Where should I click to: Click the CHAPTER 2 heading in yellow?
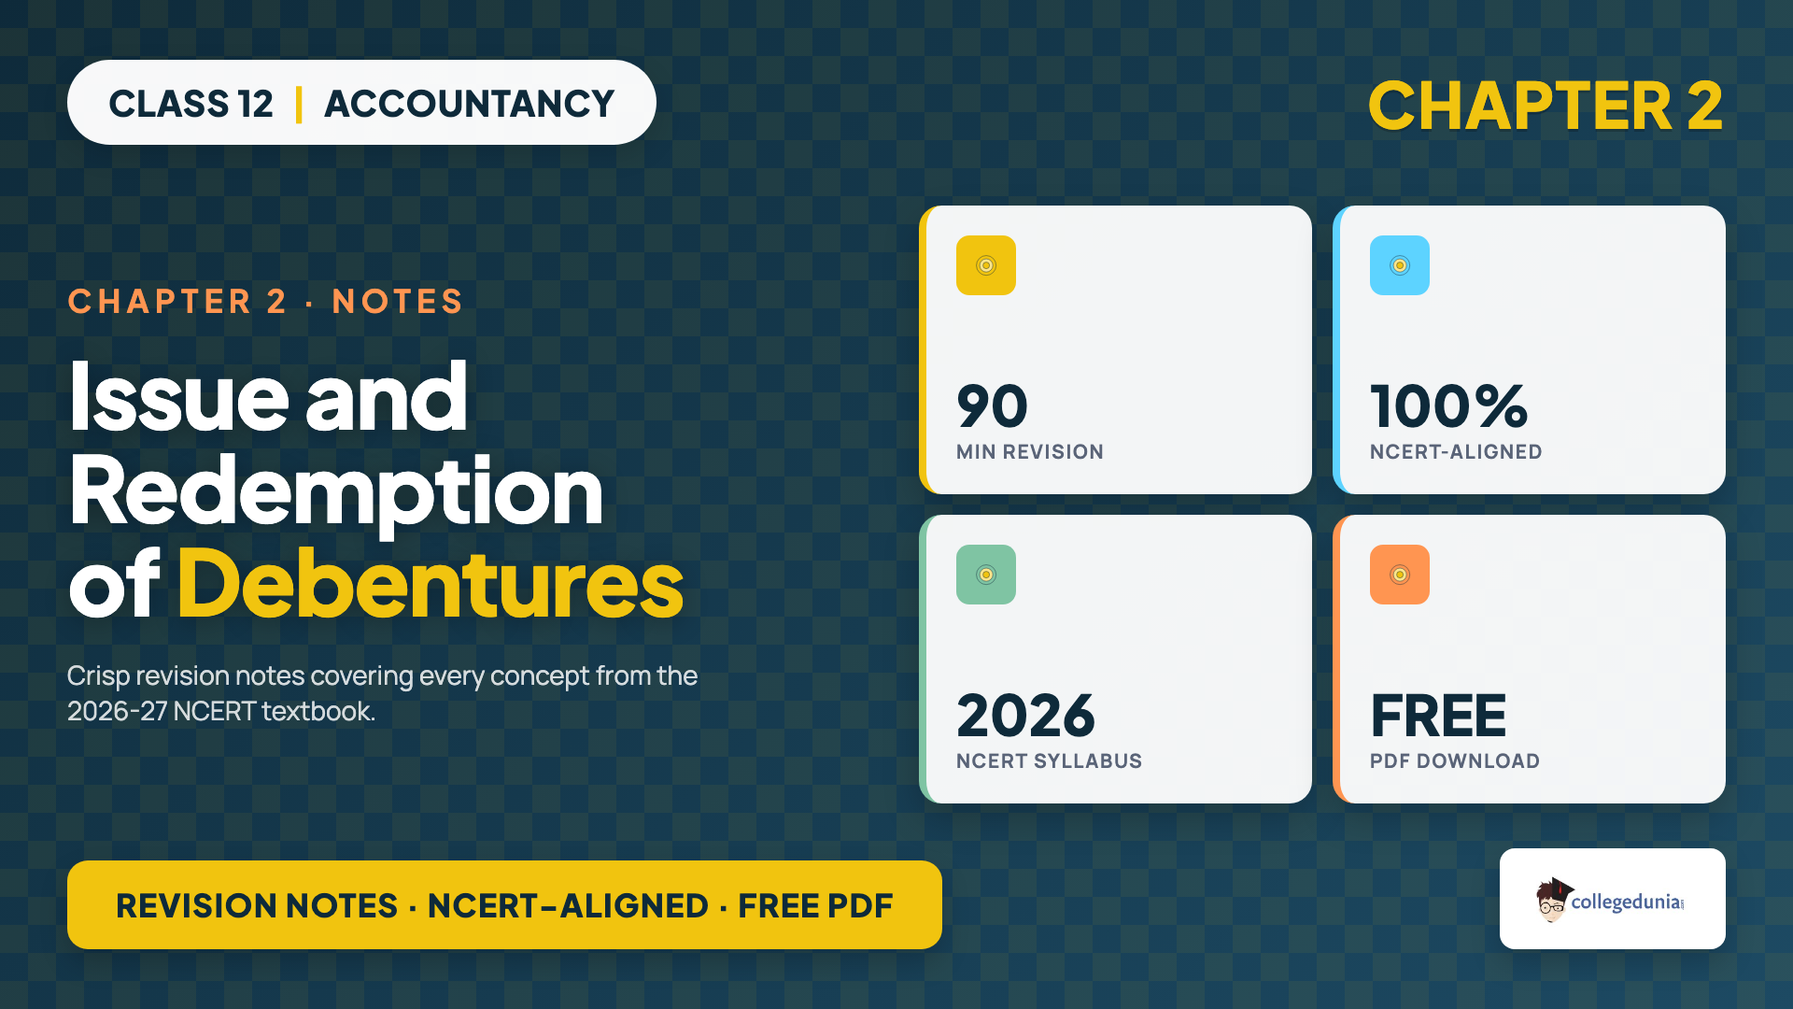point(1545,106)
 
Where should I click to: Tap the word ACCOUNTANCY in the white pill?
point(469,104)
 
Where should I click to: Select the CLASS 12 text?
point(191,104)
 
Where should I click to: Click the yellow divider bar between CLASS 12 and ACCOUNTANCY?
point(299,104)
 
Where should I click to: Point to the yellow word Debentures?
point(431,584)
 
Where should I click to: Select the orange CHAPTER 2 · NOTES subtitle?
point(265,302)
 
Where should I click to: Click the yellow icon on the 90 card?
point(986,265)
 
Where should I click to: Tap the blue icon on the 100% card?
point(1400,265)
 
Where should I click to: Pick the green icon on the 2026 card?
point(986,575)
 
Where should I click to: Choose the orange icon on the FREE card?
point(1400,575)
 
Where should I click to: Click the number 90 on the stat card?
point(992,406)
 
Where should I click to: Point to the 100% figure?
point(1448,406)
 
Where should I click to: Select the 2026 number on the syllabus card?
point(1025,716)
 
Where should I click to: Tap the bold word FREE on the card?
point(1438,716)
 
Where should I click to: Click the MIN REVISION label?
point(1030,452)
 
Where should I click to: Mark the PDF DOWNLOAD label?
point(1455,761)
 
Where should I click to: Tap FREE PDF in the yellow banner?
point(815,905)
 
